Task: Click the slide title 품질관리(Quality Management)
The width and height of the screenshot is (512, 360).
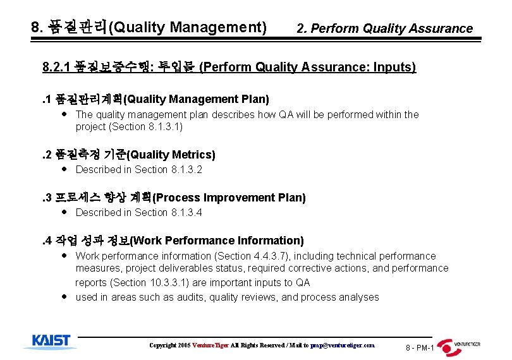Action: click(149, 28)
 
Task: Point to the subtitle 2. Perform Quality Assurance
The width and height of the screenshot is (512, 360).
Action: click(384, 28)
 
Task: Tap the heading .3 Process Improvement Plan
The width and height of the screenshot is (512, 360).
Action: click(173, 198)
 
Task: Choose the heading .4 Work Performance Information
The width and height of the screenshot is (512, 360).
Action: click(172, 241)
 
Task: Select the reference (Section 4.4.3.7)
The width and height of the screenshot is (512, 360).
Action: click(253, 256)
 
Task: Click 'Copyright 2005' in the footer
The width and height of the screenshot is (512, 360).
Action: click(170, 345)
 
